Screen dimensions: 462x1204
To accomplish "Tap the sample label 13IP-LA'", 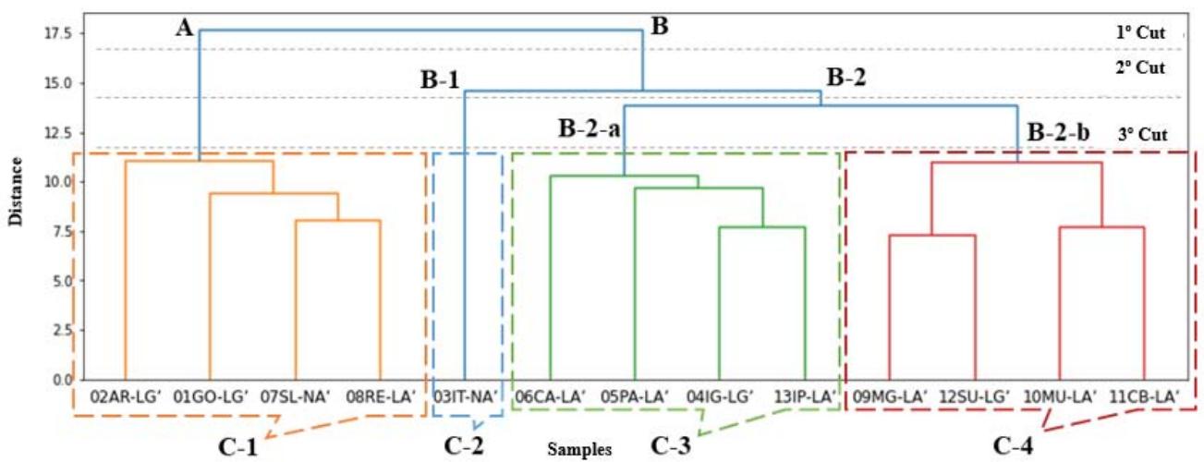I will [x=804, y=398].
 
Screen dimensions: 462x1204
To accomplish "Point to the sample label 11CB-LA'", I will [x=1144, y=398].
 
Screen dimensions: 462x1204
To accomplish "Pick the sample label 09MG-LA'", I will [x=888, y=398].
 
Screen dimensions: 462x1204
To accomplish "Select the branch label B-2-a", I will [x=588, y=128].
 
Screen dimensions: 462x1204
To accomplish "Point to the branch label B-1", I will [x=441, y=80].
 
